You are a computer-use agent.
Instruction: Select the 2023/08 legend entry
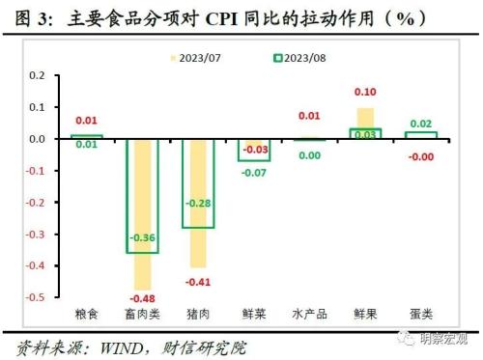coord(294,58)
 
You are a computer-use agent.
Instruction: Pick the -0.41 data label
coord(198,281)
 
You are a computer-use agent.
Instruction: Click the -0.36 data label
coord(143,236)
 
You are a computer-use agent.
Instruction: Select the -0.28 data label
coord(198,203)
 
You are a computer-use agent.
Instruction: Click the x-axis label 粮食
coord(87,314)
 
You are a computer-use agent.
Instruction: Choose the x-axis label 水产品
coord(309,314)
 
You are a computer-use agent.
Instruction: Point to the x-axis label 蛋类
coord(420,314)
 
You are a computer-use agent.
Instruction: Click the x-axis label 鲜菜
coord(253,314)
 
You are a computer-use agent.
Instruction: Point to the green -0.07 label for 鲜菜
coord(254,172)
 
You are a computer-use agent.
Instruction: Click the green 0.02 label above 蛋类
coord(420,125)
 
